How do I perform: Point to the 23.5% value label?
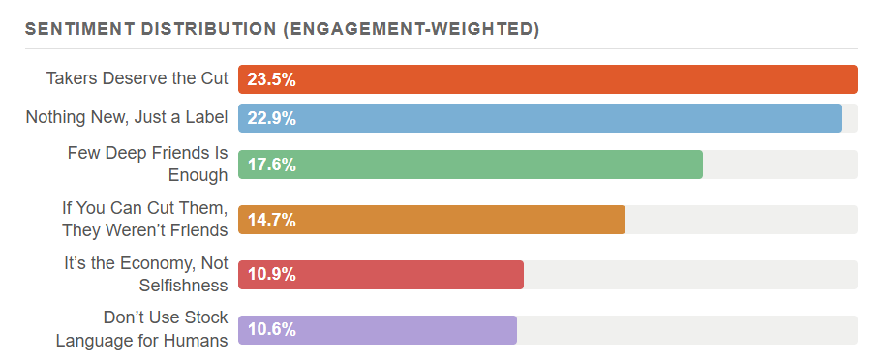[x=271, y=79]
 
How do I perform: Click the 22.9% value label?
[x=271, y=118]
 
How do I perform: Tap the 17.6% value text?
[x=271, y=165]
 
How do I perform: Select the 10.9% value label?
[x=271, y=275]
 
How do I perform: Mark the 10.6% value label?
[x=271, y=330]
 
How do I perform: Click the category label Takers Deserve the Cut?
[x=137, y=78]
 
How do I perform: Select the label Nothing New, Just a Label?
[x=126, y=117]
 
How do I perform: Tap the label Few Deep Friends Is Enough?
[x=147, y=164]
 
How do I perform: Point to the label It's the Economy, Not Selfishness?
[x=145, y=274]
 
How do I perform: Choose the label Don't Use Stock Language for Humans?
[x=141, y=329]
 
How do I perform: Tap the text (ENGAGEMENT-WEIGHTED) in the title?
[x=411, y=29]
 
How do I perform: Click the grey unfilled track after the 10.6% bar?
[x=687, y=330]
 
